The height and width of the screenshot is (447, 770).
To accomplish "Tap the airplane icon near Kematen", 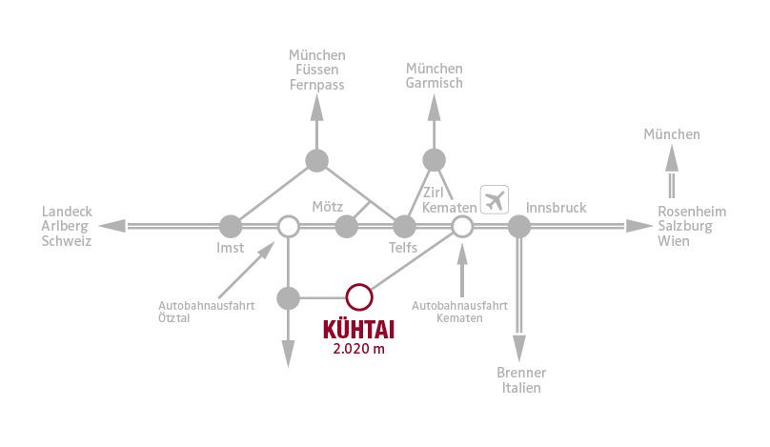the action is [495, 200].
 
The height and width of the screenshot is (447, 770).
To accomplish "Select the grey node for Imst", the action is [231, 227].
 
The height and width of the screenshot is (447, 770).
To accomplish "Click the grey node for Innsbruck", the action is [519, 227].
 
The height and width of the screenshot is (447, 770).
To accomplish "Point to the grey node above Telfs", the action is [404, 227].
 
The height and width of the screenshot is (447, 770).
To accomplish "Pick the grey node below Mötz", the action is [347, 227].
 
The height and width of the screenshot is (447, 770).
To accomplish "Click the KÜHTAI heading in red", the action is [359, 330].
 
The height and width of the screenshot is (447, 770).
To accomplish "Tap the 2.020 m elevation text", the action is [359, 349].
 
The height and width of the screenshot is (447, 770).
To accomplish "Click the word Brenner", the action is [521, 373].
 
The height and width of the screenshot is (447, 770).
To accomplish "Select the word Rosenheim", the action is [692, 212].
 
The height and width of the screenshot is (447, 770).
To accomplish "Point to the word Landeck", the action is [67, 212].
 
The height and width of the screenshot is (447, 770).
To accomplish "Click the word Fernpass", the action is [316, 85].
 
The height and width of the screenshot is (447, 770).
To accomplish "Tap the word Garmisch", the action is [435, 83].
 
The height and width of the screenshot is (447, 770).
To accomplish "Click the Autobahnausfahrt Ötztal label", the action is [206, 312].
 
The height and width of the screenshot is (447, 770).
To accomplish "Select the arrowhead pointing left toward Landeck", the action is [112, 226].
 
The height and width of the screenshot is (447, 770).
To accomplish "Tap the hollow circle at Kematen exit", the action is [462, 227].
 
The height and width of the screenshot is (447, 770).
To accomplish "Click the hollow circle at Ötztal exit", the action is [288, 227].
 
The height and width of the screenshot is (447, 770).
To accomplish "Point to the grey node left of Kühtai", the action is [288, 298].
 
